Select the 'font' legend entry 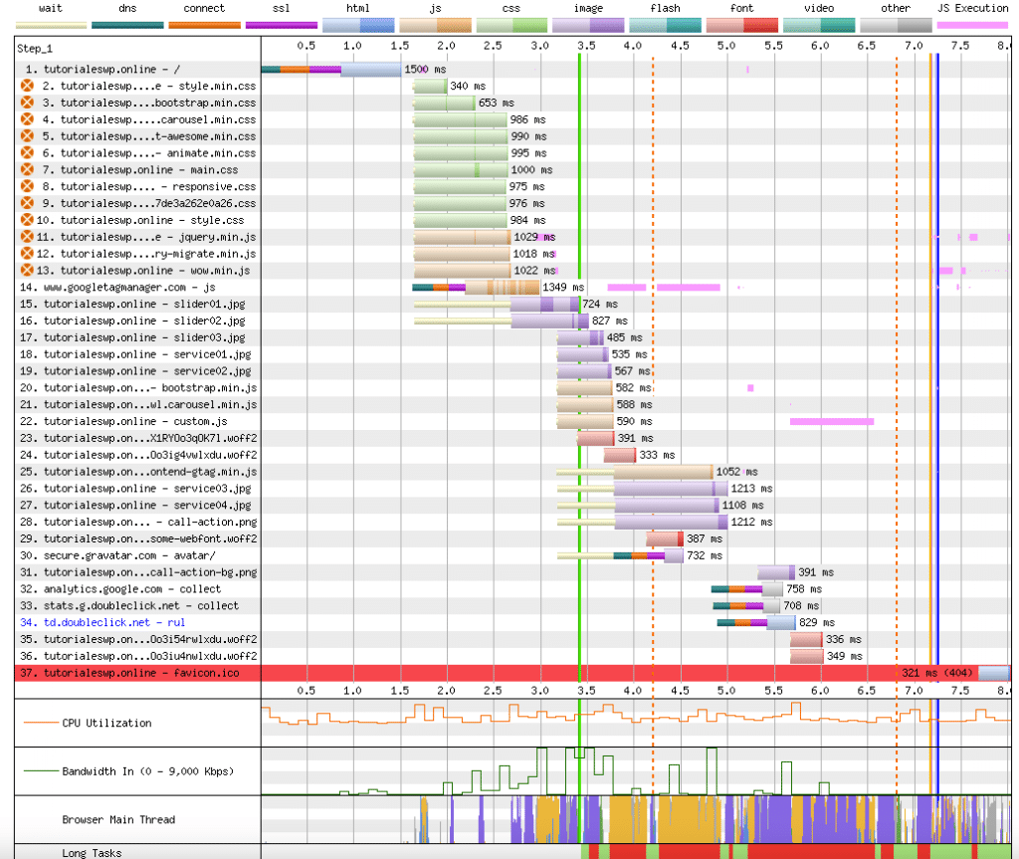pos(741,8)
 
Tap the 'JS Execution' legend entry pos(973,8)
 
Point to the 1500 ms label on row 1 pos(417,69)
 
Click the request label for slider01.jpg pos(136,304)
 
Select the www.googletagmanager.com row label pos(129,287)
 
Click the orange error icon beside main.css pos(27,170)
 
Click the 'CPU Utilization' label pos(106,723)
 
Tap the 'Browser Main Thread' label pos(118,820)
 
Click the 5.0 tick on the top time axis pos(726,47)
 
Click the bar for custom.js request pos(585,421)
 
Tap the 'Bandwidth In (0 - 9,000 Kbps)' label pos(148,771)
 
